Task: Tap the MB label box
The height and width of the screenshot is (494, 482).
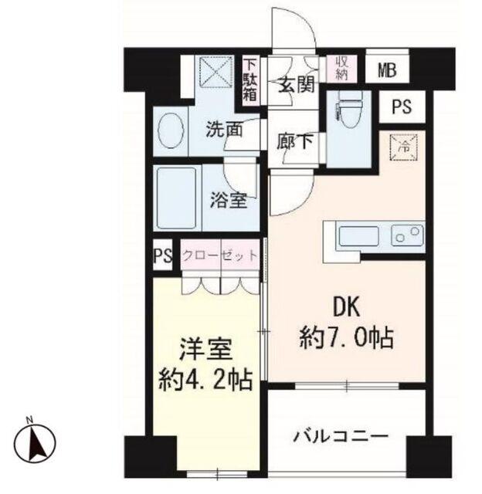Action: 386,71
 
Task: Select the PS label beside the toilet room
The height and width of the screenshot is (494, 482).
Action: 401,107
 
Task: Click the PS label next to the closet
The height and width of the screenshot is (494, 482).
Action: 163,257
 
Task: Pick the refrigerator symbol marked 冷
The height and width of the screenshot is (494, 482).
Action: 402,144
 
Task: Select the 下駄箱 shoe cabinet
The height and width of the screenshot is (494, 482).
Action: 251,80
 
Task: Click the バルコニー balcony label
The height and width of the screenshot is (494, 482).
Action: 340,437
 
